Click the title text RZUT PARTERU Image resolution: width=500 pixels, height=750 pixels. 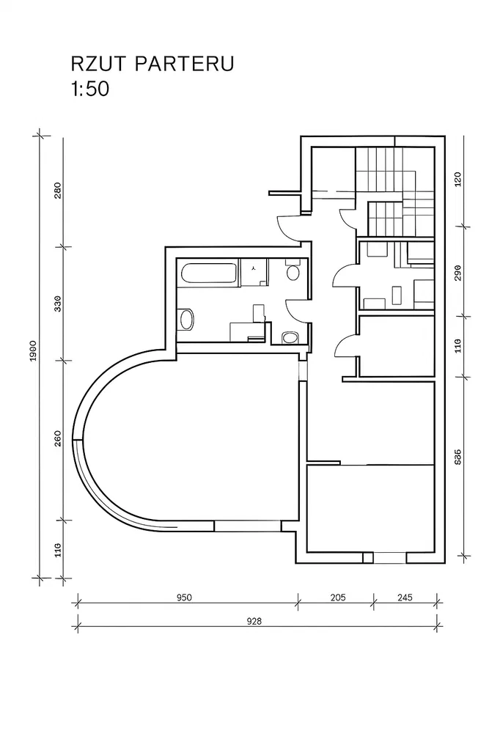tap(152, 64)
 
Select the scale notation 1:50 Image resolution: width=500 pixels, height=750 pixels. tap(90, 89)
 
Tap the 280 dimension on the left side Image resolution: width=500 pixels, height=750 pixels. tap(58, 191)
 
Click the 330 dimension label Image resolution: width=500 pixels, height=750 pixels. tap(58, 304)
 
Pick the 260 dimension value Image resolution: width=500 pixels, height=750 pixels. tap(58, 438)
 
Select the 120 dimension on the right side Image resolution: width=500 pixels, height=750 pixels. tap(457, 179)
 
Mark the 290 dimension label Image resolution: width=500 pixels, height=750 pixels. tap(457, 272)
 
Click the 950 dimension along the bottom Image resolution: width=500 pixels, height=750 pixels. tap(184, 598)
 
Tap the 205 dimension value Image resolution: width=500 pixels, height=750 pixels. tap(337, 598)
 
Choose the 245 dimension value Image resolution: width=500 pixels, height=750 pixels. tap(404, 598)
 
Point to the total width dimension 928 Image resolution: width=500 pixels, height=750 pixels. tap(254, 621)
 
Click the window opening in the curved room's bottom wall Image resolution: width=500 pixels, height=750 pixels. tap(247, 526)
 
